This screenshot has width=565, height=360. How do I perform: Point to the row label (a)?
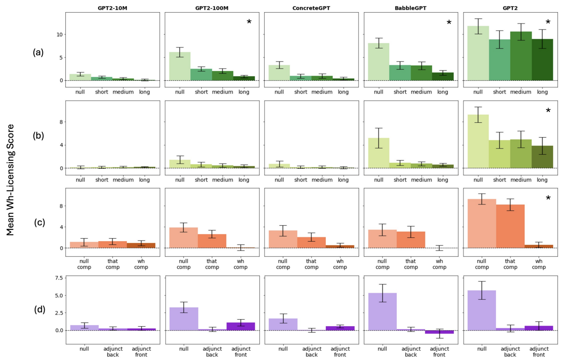(x=39, y=53)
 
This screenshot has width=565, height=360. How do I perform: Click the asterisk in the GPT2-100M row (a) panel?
(x=249, y=22)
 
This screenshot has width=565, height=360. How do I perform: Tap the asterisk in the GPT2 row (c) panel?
(x=548, y=199)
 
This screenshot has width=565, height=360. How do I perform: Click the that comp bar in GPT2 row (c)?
(x=506, y=226)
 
